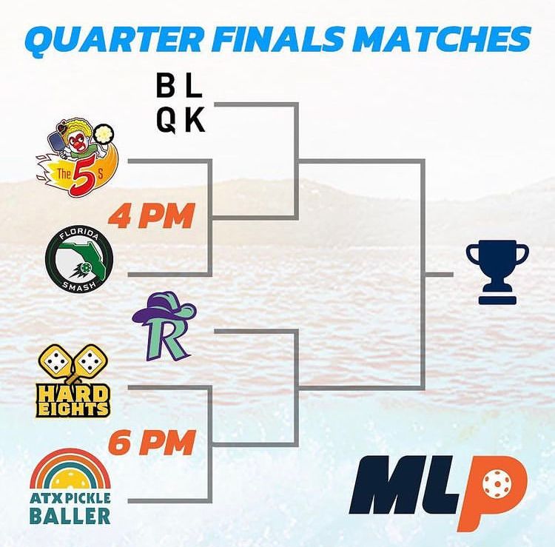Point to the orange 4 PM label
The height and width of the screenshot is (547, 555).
coord(152,216)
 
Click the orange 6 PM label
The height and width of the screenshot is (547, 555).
coord(152,443)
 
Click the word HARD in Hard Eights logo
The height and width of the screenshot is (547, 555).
coord(73,393)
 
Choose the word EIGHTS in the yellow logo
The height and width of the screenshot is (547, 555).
coord(73,409)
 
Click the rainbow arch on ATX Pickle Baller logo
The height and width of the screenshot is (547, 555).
coord(70,465)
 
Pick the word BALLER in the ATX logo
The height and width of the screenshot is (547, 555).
coord(70,516)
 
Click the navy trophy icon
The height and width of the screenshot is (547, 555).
coord(497,272)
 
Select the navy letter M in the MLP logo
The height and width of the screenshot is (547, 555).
coord(387,485)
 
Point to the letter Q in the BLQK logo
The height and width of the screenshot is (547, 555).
coord(166,121)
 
